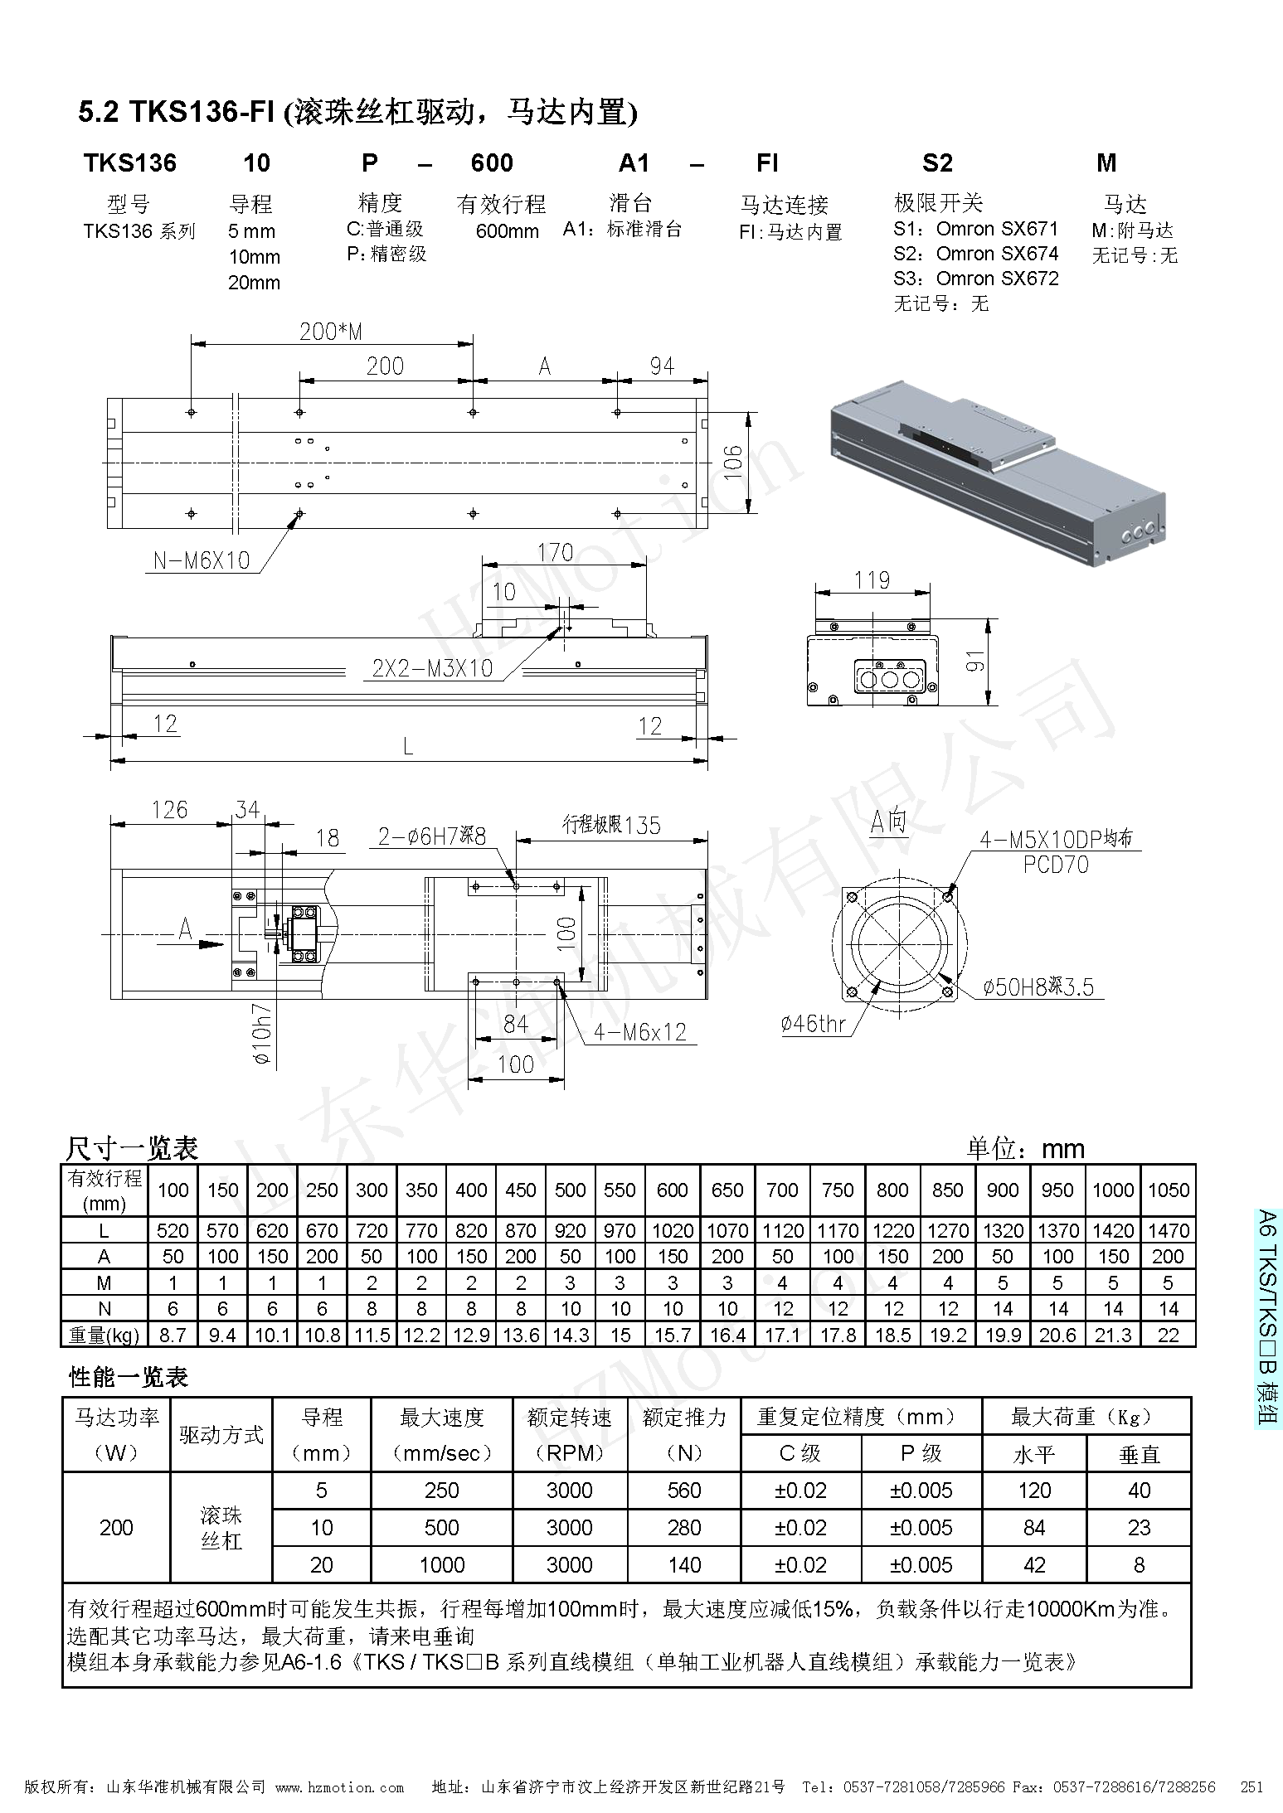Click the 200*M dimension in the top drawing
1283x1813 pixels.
(x=331, y=332)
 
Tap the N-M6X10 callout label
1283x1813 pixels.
(x=202, y=561)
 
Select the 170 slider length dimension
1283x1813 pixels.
(x=555, y=552)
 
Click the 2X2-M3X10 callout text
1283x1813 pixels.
(x=432, y=668)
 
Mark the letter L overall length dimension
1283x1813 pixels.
(x=407, y=747)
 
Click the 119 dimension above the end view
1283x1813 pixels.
(x=872, y=579)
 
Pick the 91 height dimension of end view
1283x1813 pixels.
(x=975, y=661)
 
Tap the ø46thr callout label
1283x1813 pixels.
(x=813, y=1025)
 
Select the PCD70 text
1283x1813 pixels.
(x=1055, y=865)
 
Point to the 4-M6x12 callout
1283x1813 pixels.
(x=640, y=1032)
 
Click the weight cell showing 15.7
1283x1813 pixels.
(x=672, y=1335)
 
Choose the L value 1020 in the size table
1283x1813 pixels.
(x=672, y=1231)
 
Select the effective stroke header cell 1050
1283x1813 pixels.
(x=1168, y=1190)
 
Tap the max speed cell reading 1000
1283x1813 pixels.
(x=441, y=1565)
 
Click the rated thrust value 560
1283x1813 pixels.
(x=683, y=1491)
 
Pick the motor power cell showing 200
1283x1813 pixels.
(x=116, y=1528)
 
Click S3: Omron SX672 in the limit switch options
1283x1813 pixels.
(x=975, y=279)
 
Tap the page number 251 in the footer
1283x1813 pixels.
(x=1251, y=1787)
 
